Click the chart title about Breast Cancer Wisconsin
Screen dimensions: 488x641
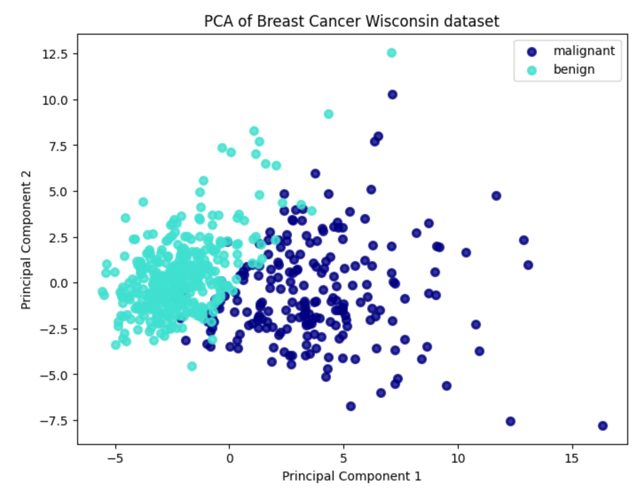(x=351, y=21)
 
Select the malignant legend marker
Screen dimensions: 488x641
(x=531, y=52)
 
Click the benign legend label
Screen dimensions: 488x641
(x=574, y=70)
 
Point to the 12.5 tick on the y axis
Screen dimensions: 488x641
(x=55, y=54)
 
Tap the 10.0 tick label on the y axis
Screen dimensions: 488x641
(x=55, y=100)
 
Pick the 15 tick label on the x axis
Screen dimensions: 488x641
(x=571, y=458)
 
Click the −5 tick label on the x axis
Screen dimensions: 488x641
(x=115, y=458)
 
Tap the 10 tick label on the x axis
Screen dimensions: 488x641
(x=458, y=458)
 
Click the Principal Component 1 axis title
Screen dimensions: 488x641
(x=351, y=476)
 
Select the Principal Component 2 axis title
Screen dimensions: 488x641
(x=26, y=240)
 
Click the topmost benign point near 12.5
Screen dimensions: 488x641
(x=391, y=53)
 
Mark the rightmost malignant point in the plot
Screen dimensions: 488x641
(x=602, y=426)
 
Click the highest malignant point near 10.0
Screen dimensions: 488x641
(x=392, y=95)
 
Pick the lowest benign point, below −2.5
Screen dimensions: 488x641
(x=192, y=366)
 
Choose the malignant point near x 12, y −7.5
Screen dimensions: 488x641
(x=510, y=421)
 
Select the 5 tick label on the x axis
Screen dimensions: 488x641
(x=343, y=458)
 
